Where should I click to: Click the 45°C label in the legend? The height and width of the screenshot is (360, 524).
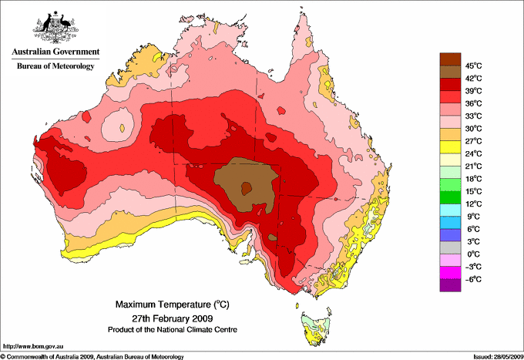(473, 66)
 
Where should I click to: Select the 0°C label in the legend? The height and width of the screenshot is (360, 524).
(472, 254)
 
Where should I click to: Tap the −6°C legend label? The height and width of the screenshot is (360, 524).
(472, 279)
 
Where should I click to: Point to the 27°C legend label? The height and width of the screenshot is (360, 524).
(473, 141)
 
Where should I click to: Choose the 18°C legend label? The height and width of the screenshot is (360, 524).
(473, 179)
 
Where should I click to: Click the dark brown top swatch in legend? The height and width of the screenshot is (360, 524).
(450, 59)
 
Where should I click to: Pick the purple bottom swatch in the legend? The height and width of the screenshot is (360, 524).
(450, 285)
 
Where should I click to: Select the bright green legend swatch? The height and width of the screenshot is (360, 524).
(450, 197)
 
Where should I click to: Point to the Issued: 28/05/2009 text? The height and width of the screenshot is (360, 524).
(497, 356)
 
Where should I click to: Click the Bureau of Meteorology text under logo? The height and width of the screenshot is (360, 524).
(55, 66)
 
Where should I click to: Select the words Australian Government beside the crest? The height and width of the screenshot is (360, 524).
(54, 52)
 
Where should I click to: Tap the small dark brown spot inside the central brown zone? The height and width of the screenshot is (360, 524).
(246, 186)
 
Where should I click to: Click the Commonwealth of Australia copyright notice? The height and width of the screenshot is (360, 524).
(92, 356)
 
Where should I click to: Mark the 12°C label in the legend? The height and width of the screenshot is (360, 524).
(473, 204)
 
